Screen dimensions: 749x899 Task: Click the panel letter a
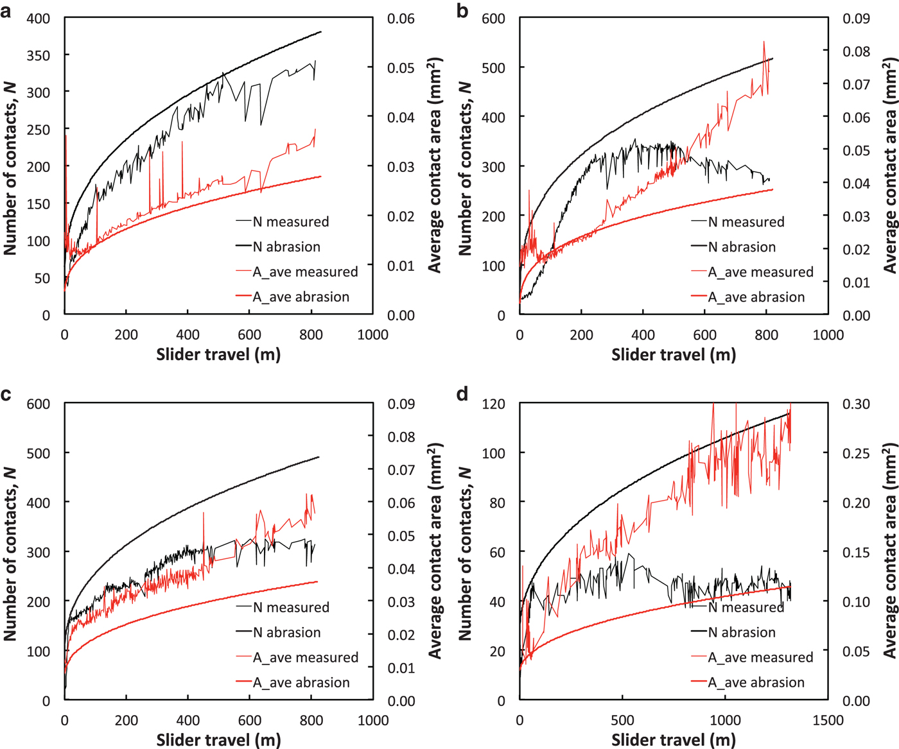coord(6,12)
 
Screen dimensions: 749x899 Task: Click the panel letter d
coord(462,393)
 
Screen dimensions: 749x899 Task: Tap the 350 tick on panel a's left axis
coord(38,55)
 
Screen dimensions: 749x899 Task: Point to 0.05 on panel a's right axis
coord(401,68)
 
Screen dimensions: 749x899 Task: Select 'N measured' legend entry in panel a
coord(290,222)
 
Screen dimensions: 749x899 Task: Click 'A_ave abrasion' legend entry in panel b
coord(756,297)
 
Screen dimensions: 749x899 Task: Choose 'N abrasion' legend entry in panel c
coord(286,633)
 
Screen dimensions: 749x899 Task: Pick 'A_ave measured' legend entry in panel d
coord(760,658)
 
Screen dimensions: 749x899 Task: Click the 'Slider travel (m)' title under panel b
coord(673,354)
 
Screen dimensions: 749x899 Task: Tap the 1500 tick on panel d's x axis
coord(828,720)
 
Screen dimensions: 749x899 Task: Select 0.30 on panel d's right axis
coord(857,404)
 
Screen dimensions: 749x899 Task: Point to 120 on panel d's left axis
coord(493,404)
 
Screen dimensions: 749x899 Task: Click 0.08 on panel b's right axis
coord(857,52)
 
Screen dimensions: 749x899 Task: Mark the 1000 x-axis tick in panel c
coord(373,720)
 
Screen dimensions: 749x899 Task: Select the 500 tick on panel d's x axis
coord(622,720)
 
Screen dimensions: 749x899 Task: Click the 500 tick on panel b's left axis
coord(493,68)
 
